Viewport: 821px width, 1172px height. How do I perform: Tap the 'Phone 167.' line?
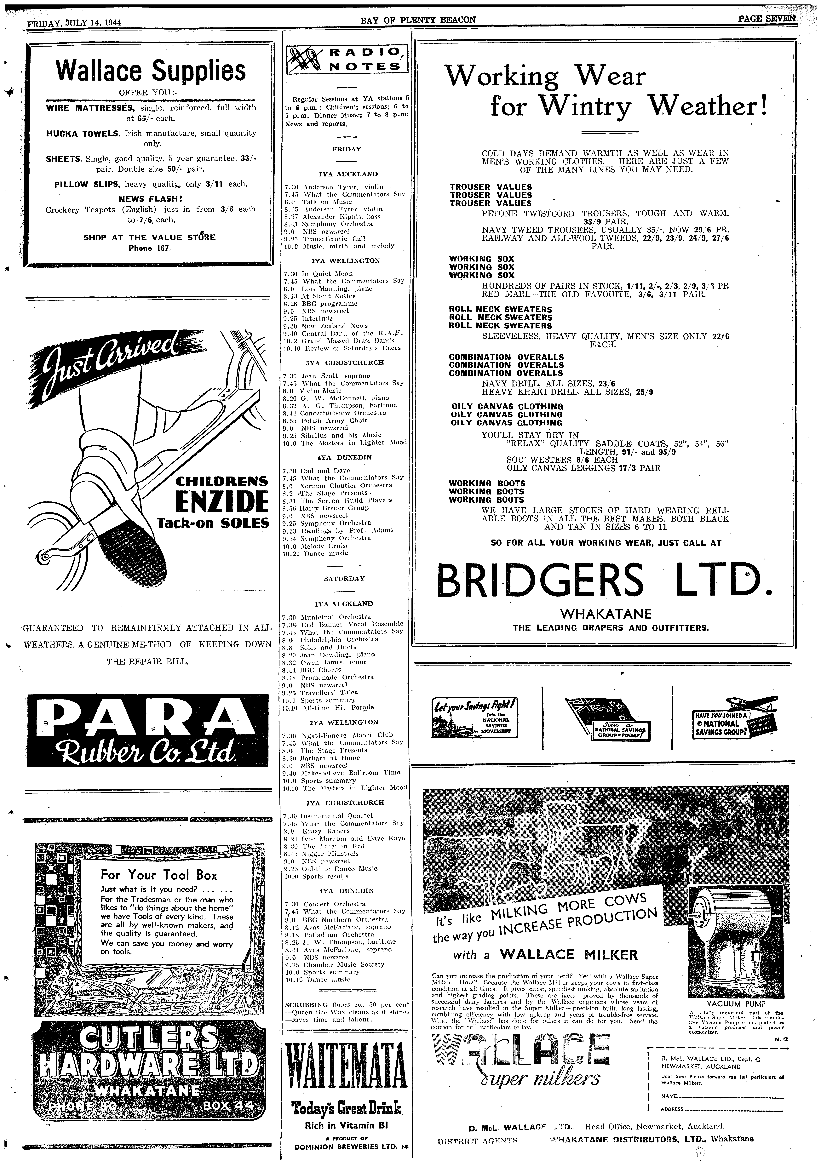(x=151, y=249)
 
